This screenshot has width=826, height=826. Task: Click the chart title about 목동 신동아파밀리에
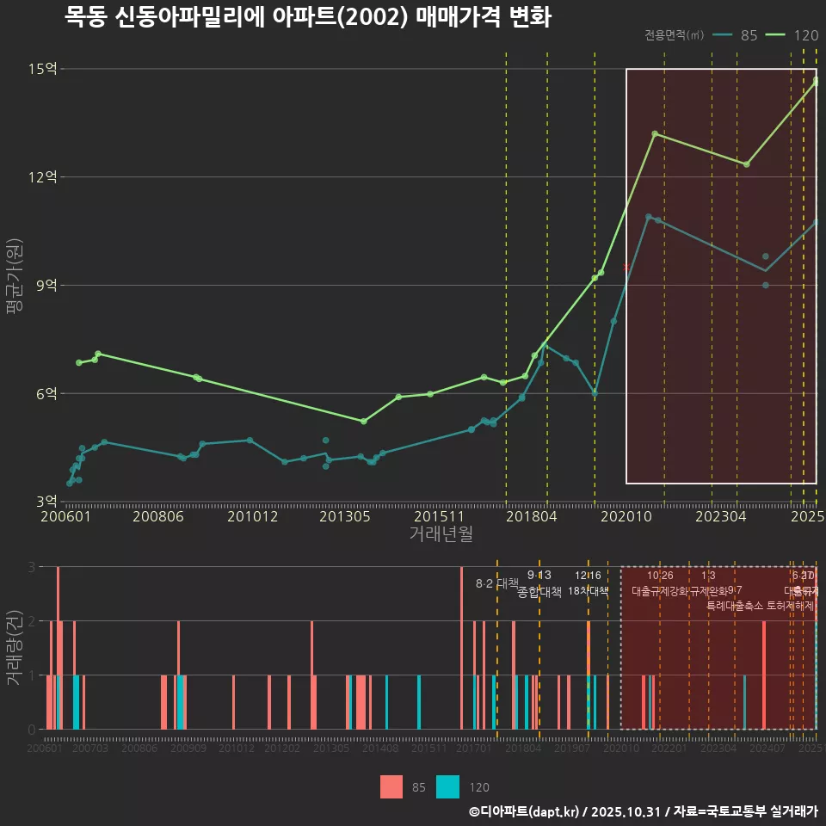307,18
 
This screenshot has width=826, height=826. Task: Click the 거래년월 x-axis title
441,534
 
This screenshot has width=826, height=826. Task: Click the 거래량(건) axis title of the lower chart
15,647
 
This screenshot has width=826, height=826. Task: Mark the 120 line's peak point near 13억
655,133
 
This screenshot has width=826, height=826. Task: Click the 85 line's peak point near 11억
649,217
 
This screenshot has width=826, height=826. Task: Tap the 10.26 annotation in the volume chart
660,576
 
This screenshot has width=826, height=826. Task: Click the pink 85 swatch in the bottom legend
391,786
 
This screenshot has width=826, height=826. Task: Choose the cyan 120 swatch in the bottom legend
447,786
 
